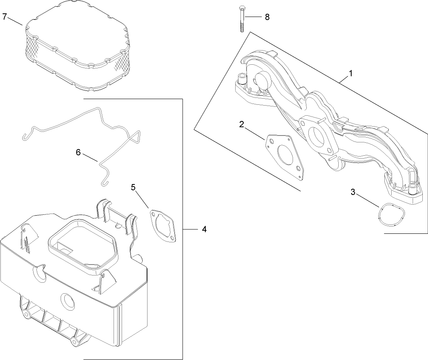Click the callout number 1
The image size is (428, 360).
tap(351, 74)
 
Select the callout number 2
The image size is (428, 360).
tap(242, 124)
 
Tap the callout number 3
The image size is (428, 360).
tap(353, 192)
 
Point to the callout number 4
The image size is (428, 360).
tap(204, 229)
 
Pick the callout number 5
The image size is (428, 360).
tap(133, 187)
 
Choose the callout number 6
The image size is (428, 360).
tap(78, 152)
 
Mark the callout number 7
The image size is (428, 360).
tap(5, 17)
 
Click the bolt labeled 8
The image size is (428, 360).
tap(242, 20)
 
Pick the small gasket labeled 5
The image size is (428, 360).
tap(164, 227)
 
